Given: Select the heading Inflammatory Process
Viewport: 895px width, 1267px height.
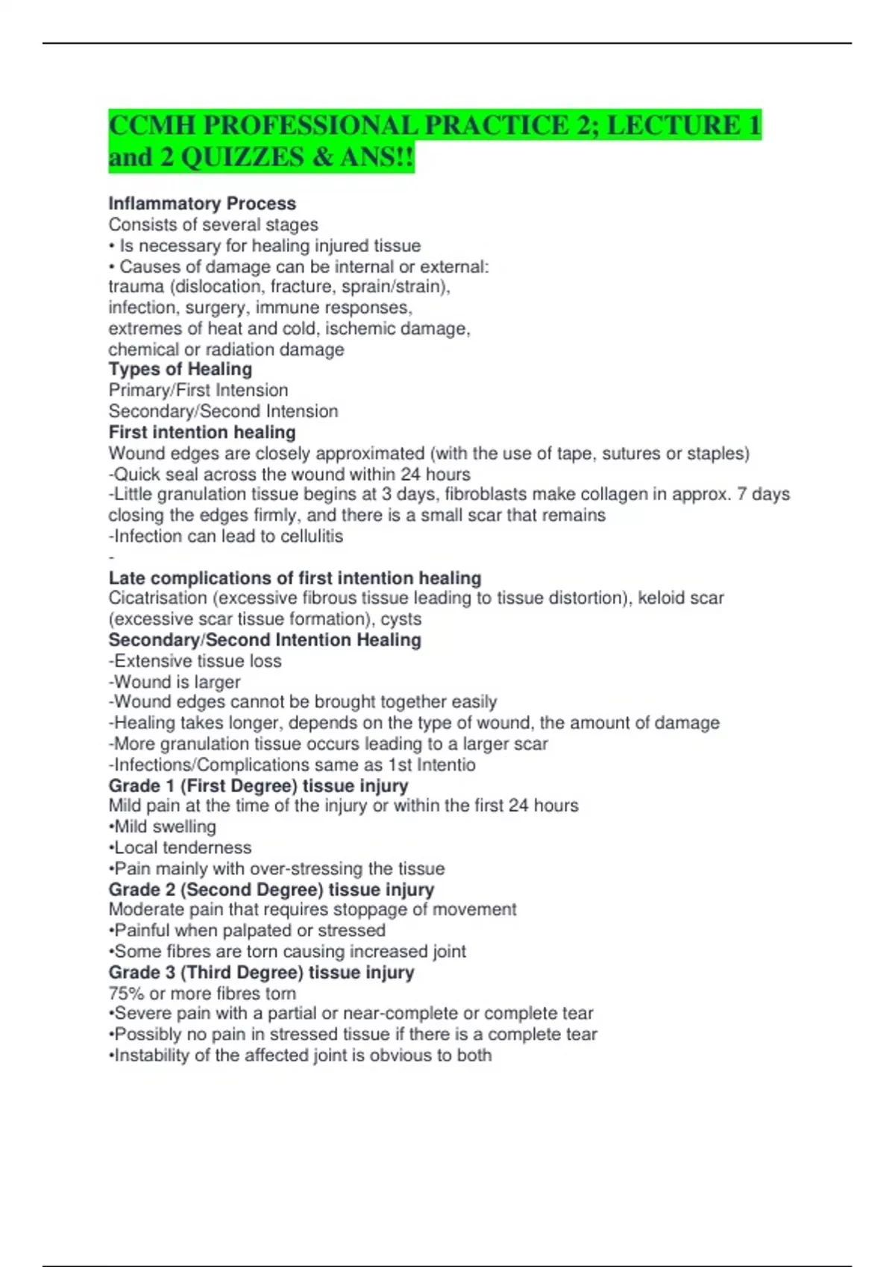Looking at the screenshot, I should pyautogui.click(x=202, y=203).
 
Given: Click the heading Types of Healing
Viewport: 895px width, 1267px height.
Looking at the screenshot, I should pyautogui.click(x=180, y=370).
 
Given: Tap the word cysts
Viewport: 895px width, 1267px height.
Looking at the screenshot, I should pyautogui.click(x=401, y=619).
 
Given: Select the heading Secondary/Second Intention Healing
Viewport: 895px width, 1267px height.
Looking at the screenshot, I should pyautogui.click(x=265, y=640).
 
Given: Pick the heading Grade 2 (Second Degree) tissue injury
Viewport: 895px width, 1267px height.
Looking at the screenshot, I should pyautogui.click(x=271, y=890).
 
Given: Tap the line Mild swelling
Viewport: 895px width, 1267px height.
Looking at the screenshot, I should pyautogui.click(x=163, y=827).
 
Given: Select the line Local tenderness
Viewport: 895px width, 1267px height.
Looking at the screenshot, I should pyautogui.click(x=181, y=848).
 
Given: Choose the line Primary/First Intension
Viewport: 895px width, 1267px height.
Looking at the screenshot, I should pyautogui.click(x=198, y=391).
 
